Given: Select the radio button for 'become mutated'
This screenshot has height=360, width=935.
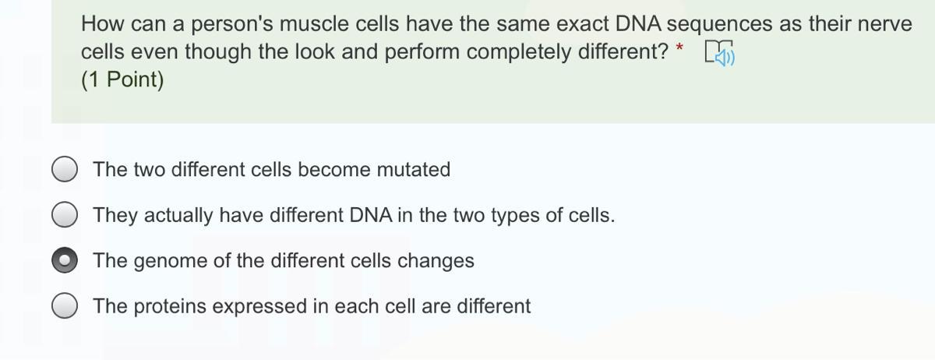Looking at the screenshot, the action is coord(65,169).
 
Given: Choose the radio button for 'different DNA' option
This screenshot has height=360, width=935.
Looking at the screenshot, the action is coord(65,214).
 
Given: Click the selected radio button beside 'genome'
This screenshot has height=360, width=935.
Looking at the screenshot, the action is coord(65,260).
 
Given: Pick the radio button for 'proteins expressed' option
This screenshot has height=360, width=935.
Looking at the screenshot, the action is coord(65,305).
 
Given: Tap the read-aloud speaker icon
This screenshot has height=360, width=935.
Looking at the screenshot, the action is coord(720,53).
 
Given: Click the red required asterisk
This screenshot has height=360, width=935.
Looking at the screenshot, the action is coord(679,48).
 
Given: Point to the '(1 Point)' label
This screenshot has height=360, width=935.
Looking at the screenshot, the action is coord(122,79).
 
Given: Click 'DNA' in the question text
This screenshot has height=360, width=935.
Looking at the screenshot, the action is coord(638,24).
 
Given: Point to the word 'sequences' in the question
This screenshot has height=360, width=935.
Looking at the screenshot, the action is coord(719,26).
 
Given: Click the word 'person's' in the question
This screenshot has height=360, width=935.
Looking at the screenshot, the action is coord(232,25).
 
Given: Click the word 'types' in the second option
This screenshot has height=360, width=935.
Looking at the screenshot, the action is coord(515,217).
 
